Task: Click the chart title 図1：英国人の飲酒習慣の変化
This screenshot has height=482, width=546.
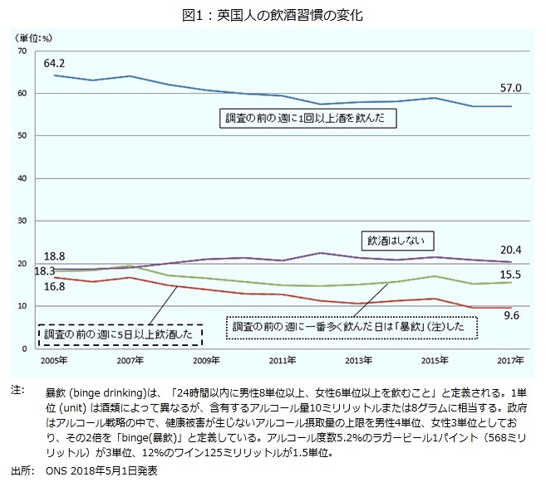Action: point(273,15)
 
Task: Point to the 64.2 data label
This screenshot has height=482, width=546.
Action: point(55,62)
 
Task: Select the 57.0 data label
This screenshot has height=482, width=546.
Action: point(510,88)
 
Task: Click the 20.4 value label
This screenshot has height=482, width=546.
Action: point(510,249)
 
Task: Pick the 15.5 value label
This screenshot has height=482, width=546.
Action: point(511,275)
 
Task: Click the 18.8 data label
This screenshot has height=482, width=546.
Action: point(54,257)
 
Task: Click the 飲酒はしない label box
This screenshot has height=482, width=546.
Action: point(396,241)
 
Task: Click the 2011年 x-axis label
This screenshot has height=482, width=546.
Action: point(283,361)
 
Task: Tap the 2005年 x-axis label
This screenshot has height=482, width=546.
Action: point(54,361)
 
